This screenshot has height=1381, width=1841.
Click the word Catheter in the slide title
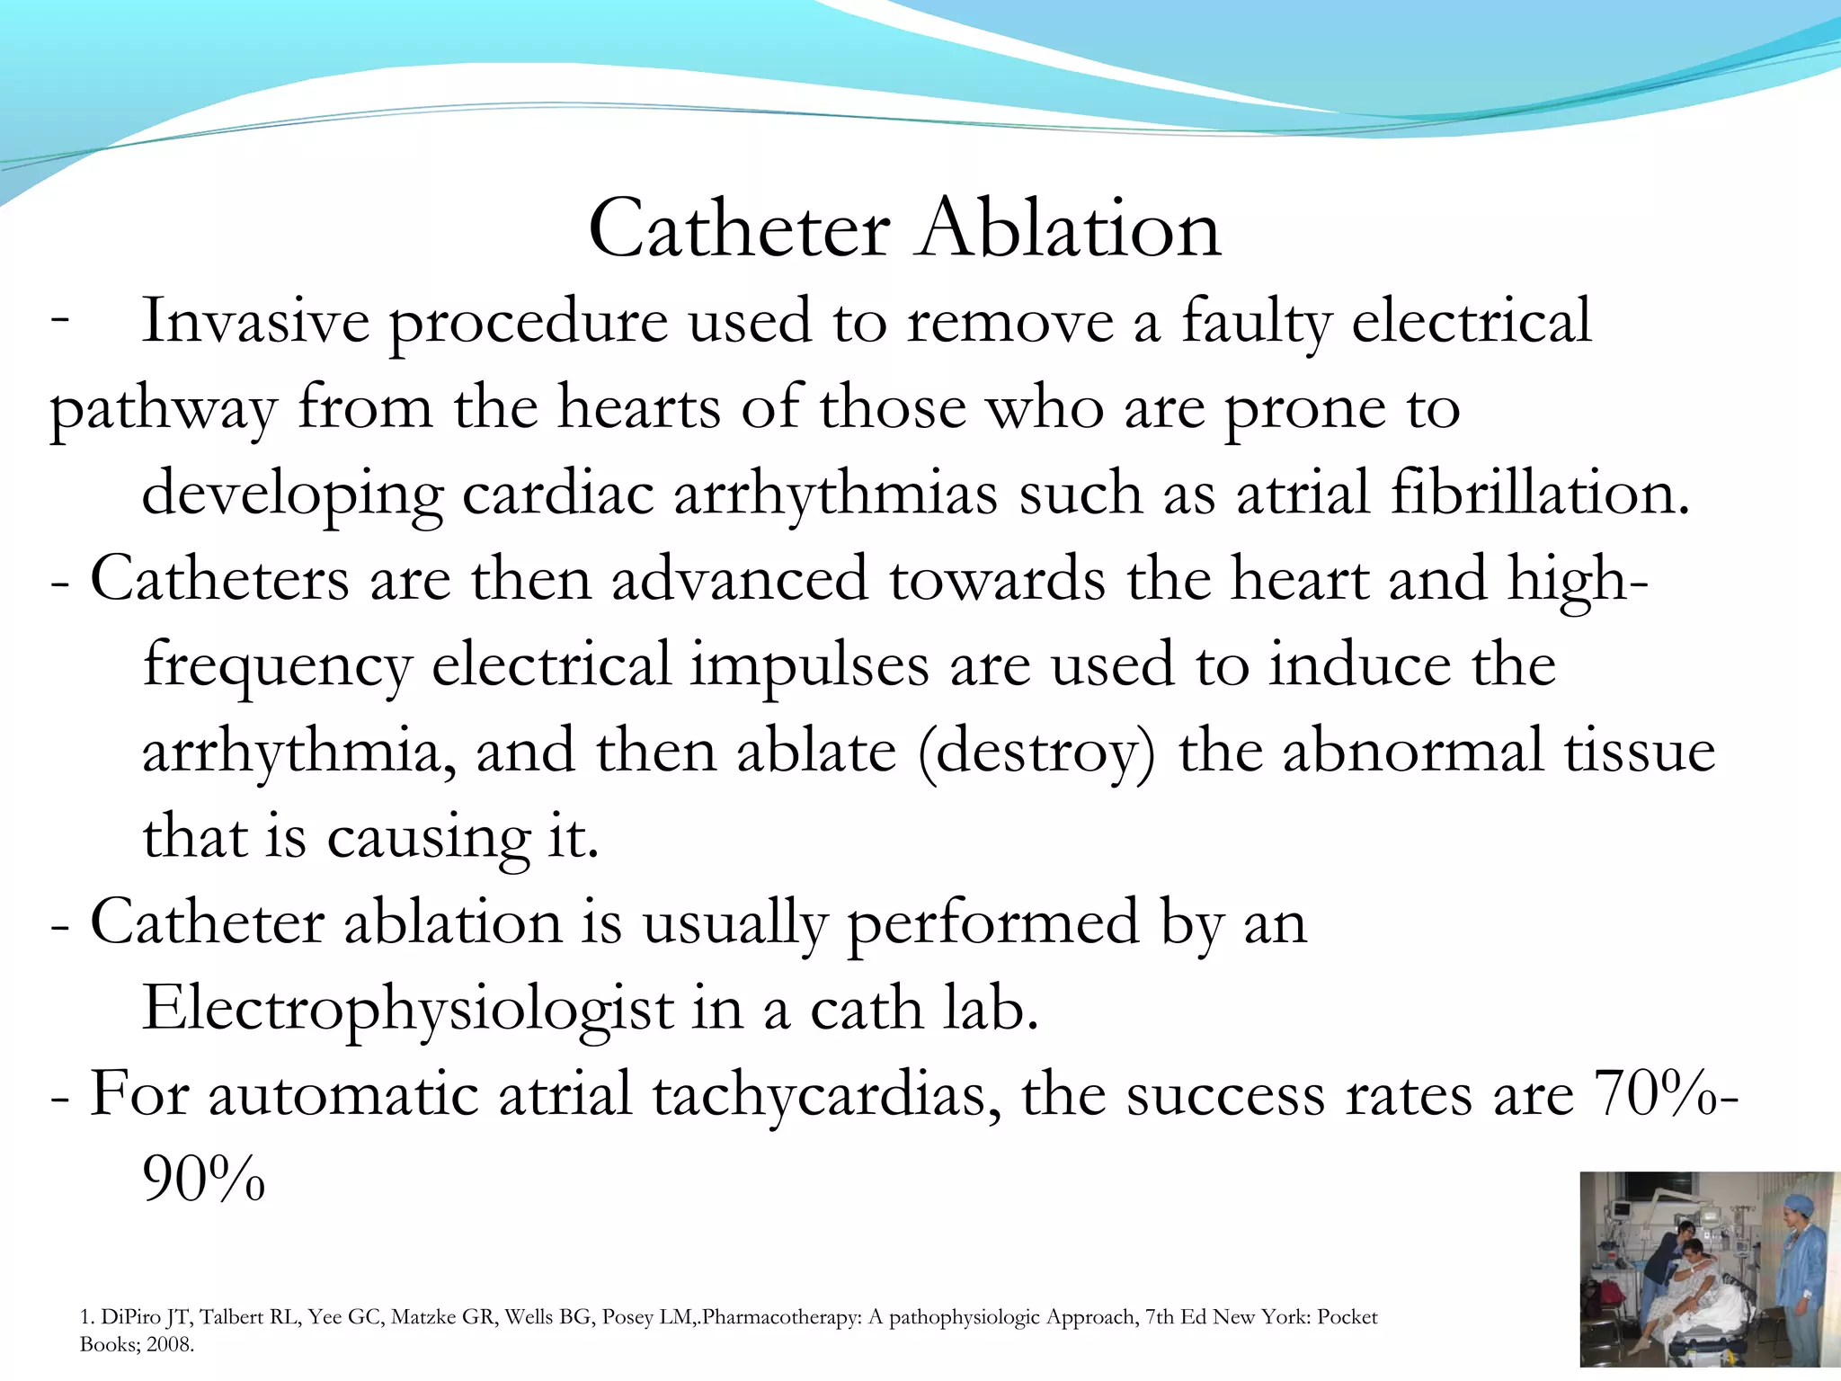739,229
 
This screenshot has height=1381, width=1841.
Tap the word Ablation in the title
1069,229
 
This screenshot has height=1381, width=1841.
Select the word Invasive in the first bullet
256,321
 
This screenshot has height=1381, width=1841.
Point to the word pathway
163,410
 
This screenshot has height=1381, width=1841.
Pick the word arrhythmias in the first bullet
835,495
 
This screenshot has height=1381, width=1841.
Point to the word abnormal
1412,751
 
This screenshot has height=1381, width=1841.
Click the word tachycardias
825,1096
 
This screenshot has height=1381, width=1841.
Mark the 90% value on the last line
203,1180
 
